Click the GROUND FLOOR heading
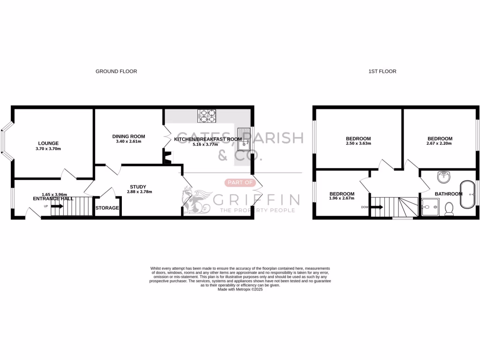116,71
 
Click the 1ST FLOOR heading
382,71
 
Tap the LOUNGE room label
48,143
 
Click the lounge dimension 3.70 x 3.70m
48,149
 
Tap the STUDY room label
138,187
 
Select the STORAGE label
107,208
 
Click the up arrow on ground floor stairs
58,206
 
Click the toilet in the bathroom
449,208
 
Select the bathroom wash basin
443,177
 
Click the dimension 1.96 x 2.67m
342,198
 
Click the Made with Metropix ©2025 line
240,289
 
